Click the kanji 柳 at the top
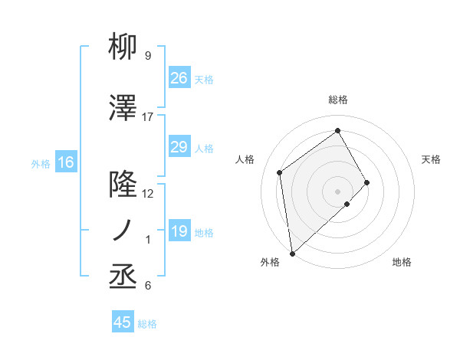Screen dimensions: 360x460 tap(123, 47)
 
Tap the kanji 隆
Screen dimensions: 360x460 tap(123, 185)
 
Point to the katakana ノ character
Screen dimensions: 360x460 tap(123, 231)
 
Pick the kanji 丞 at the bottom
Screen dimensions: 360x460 tap(123, 277)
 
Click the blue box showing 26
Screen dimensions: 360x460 tap(179, 77)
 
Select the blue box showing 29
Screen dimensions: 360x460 tap(179, 147)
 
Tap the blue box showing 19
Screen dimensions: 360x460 tap(179, 231)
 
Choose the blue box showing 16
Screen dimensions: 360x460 tap(66, 162)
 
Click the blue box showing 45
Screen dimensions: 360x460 tap(123, 322)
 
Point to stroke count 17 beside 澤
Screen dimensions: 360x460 tap(148, 117)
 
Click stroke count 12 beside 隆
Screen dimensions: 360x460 tap(148, 194)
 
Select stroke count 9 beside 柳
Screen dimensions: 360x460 tap(148, 56)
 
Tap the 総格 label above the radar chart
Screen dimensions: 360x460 tap(338, 100)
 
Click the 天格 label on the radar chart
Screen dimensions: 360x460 tap(432, 159)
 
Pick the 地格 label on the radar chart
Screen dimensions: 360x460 tap(402, 262)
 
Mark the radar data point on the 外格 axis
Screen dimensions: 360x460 tap(291, 253)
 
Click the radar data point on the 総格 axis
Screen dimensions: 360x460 tap(338, 131)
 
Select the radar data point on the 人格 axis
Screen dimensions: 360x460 tap(280, 172)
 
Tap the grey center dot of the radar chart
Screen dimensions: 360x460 tap(338, 190)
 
